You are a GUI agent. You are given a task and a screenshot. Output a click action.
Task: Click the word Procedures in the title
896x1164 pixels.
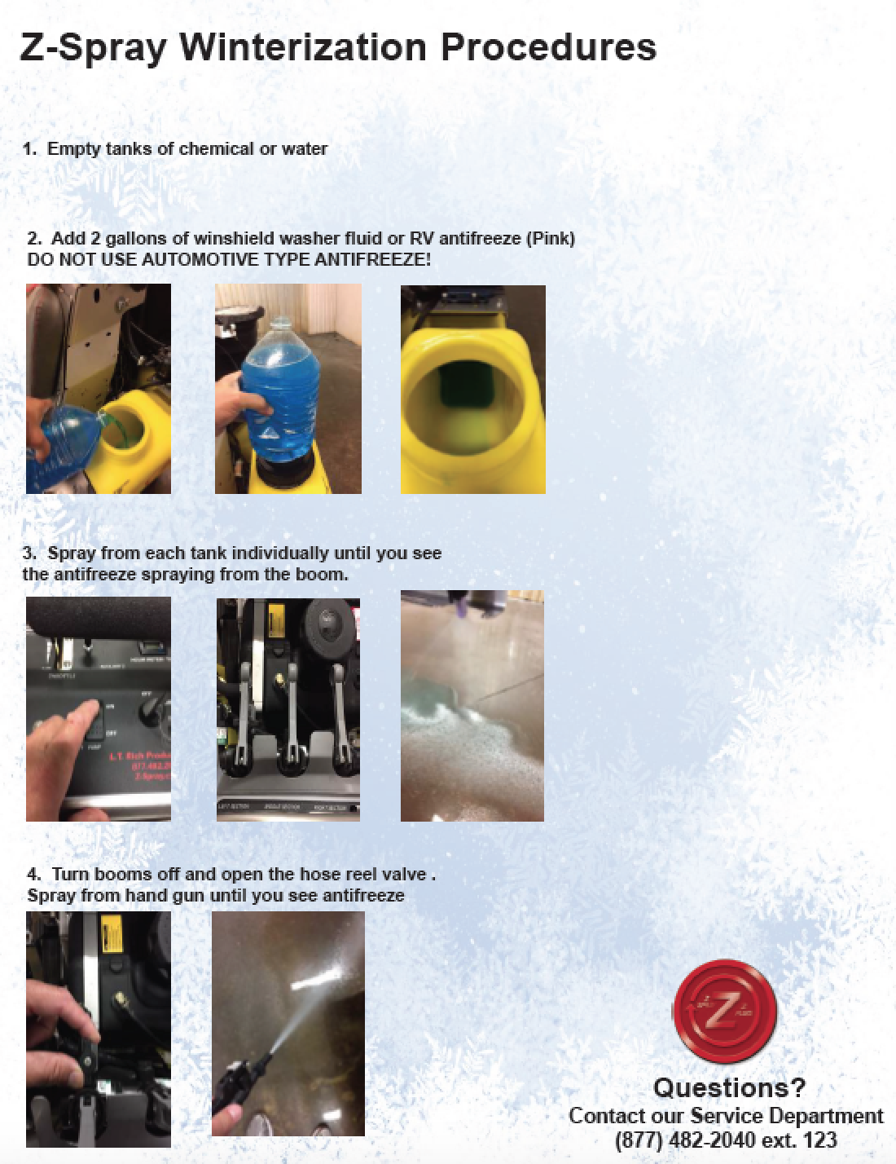coord(548,47)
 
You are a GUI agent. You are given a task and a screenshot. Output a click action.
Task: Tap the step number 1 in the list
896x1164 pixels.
coord(29,149)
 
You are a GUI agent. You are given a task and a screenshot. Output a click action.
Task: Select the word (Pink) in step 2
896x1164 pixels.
coord(550,239)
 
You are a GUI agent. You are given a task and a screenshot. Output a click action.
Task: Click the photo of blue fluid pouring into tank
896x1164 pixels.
coord(99,389)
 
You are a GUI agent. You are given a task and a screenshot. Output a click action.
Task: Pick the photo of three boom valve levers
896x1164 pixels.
coord(288,710)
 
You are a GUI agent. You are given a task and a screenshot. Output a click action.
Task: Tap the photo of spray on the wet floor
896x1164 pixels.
coord(472,706)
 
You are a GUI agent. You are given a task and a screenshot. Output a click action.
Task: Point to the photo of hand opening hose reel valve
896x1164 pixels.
coord(99,1029)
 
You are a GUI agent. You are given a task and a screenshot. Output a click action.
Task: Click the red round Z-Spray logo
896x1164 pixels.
coord(724,1012)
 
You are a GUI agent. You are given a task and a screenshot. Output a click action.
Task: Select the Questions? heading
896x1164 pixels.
coord(729,1087)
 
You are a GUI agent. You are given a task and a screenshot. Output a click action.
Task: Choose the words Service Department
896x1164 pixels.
coord(787,1115)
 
